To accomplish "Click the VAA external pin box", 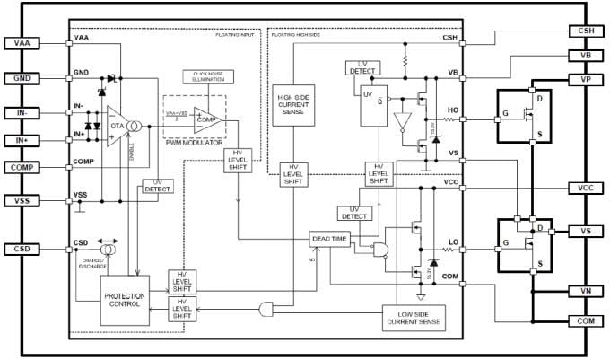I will pos(22,43).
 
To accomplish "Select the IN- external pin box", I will pos(22,113).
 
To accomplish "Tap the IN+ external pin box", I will pos(22,140).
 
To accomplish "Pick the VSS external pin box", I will pos(22,201).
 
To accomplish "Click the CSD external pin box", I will pos(22,249).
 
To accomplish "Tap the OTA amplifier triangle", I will pos(118,127).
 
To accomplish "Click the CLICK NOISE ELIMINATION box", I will pos(207,75).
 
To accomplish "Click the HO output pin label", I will pos(453,111).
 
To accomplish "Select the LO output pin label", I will pos(453,241).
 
